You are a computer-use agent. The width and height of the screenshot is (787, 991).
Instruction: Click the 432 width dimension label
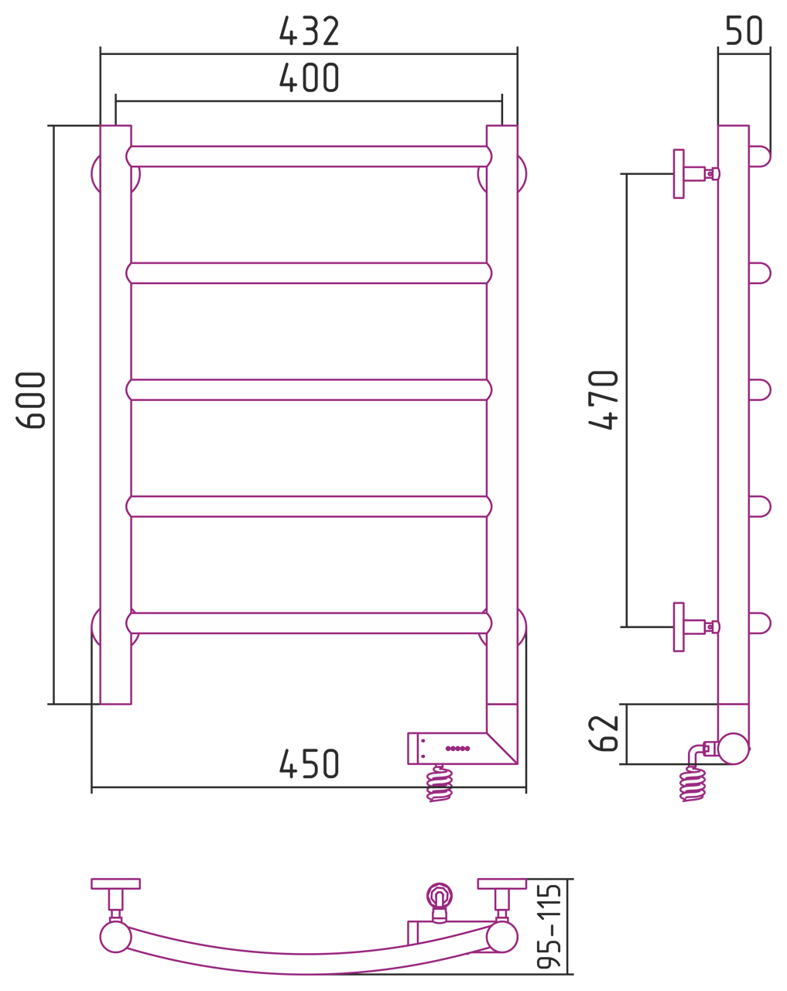click(x=309, y=31)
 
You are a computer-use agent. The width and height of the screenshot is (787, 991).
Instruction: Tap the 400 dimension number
click(x=309, y=77)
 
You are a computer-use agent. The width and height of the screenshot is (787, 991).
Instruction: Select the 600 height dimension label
click(x=30, y=400)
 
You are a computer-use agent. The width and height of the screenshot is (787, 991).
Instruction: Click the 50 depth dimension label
click(x=744, y=31)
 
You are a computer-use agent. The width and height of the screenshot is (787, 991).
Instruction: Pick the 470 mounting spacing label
click(x=604, y=400)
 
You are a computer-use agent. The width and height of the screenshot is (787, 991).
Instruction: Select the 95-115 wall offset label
click(x=549, y=926)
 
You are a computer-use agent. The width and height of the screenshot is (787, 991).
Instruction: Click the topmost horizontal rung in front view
click(x=309, y=156)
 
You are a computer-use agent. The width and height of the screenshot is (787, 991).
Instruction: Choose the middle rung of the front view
click(x=309, y=389)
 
